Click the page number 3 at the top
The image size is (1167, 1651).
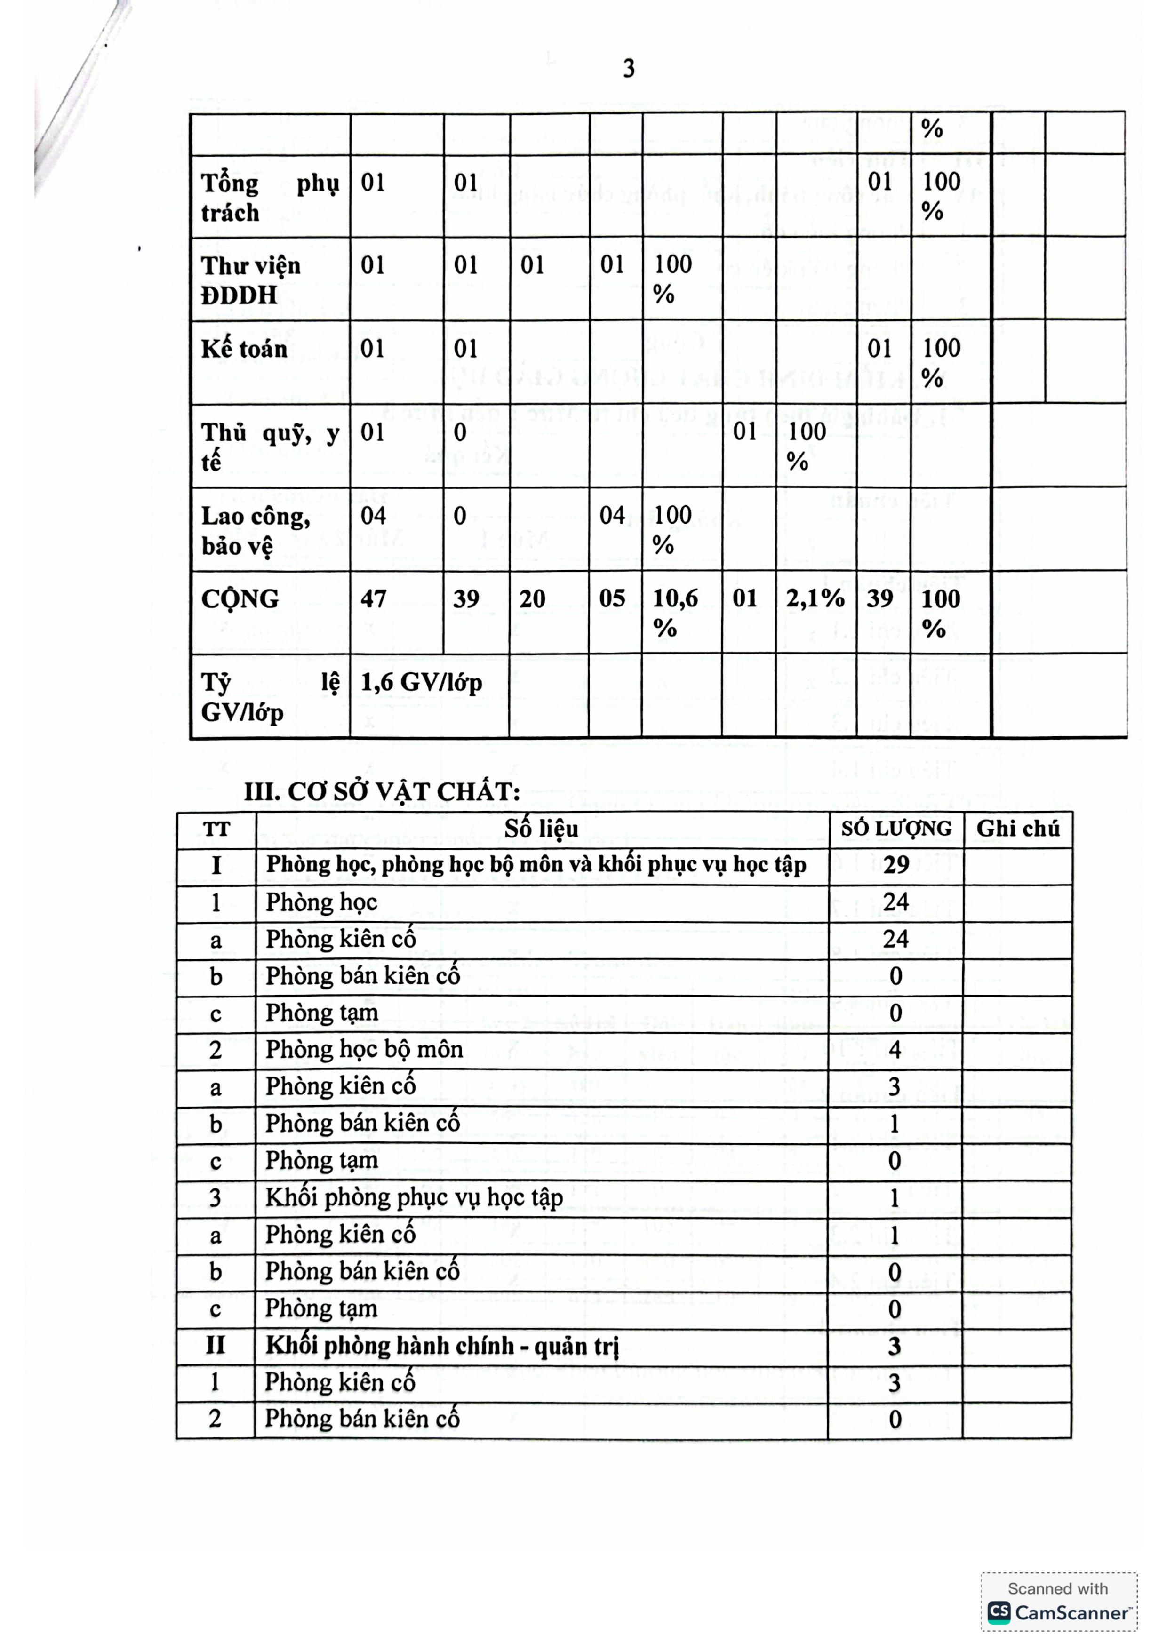coord(629,69)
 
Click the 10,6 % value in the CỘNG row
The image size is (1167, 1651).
coord(674,613)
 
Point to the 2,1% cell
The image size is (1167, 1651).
coord(815,598)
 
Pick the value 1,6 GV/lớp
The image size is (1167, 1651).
coord(421,682)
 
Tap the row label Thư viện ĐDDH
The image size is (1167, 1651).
coord(250,280)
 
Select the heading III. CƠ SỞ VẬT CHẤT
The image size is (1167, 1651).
coord(382,792)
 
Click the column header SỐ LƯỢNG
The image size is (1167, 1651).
coord(896,829)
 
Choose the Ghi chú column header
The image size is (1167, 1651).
coord(1017,829)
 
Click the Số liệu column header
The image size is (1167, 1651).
coord(541,829)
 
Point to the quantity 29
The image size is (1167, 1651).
coord(896,865)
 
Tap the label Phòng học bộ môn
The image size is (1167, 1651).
coord(364,1050)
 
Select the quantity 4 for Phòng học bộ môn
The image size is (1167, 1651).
coord(895,1050)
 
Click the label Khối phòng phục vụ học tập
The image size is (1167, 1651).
coord(414,1198)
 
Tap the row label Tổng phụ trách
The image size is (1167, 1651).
coord(270,198)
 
